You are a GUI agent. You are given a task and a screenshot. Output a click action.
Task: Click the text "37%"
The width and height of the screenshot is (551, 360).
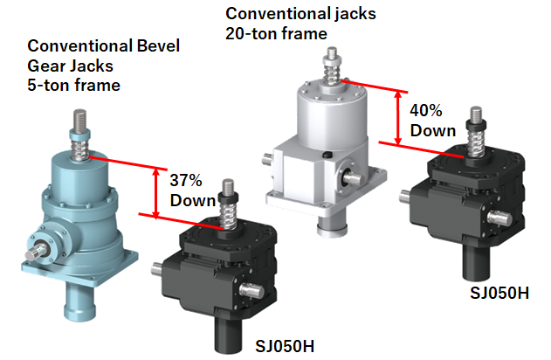tap(186, 180)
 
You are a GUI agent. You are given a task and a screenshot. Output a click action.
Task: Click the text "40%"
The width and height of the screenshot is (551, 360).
tap(425, 110)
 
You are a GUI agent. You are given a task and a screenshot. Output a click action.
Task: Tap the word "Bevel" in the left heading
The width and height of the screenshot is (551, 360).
tap(158, 45)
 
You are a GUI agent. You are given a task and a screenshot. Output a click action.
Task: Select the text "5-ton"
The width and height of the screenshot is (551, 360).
tap(49, 85)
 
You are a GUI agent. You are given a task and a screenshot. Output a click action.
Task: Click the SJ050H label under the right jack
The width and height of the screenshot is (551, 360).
tap(499, 293)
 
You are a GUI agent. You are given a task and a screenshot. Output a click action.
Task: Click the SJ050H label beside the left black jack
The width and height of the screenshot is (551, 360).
tap(285, 346)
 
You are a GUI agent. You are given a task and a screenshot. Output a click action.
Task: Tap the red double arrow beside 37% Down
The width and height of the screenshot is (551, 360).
tap(156, 193)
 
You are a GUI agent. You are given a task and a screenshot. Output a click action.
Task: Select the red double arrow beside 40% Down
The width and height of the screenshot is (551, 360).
tap(398, 117)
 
